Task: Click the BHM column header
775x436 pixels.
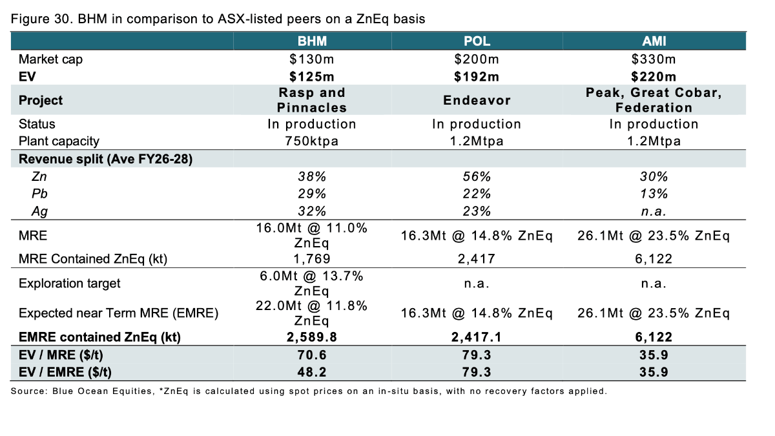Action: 312,41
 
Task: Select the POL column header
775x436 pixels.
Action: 477,41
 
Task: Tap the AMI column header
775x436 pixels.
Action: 654,41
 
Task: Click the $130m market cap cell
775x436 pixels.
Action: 312,60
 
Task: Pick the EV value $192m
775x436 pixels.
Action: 477,77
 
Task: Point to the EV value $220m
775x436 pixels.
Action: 654,77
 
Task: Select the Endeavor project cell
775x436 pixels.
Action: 477,100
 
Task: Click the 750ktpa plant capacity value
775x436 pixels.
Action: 312,141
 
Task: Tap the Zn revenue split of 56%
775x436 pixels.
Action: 477,177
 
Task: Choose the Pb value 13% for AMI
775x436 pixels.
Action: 654,194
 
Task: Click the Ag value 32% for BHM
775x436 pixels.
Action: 312,211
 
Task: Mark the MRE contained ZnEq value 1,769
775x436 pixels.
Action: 312,259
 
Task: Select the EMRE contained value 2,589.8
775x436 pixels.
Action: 312,337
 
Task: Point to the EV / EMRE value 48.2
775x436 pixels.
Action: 312,372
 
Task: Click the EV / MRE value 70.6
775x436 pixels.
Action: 312,355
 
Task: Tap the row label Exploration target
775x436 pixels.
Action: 60,284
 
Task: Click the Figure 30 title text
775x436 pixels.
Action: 218,19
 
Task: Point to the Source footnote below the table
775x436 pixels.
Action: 309,391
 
